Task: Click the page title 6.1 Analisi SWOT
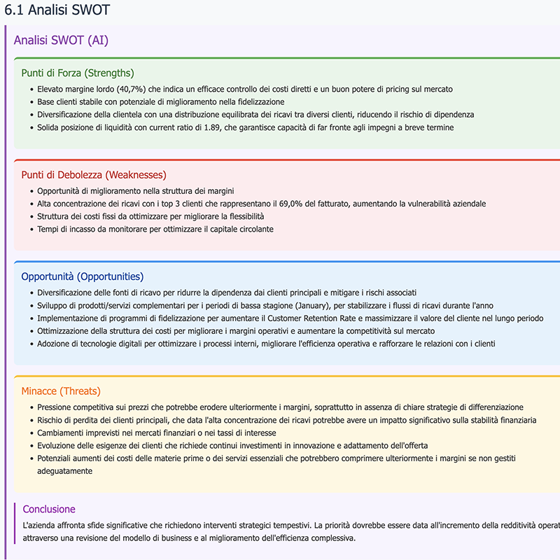coord(57,10)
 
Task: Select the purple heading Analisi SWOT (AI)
coord(61,41)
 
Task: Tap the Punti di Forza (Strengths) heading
coord(77,73)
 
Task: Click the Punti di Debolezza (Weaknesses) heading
coord(94,174)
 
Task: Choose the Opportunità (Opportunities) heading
coord(82,276)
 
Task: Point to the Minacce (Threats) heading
coord(61,391)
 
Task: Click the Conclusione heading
coord(49,509)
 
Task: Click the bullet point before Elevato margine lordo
coord(31,90)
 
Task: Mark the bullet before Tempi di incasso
coord(31,229)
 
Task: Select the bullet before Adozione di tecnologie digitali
coord(31,344)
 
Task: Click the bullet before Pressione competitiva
coord(31,407)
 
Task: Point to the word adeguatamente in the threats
coord(64,471)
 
